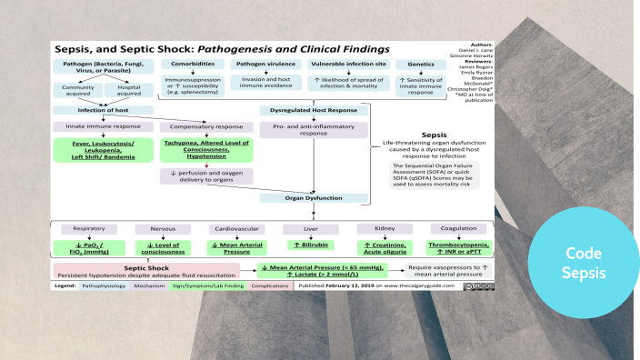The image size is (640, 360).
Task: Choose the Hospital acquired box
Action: [x=128, y=89]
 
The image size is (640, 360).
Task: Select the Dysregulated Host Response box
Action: [x=313, y=110]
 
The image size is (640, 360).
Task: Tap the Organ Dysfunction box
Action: [x=313, y=197]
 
